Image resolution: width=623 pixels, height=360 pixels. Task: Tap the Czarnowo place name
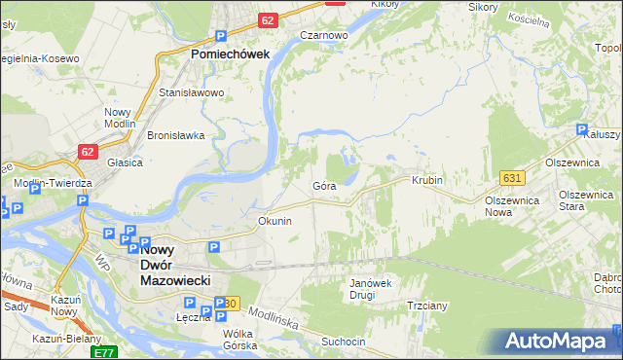(324, 35)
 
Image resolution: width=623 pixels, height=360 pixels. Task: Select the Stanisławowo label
(192, 93)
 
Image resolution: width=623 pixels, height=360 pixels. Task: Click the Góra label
(324, 185)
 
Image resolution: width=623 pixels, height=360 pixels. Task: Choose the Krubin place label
(427, 181)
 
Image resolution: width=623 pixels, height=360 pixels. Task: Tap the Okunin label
(275, 221)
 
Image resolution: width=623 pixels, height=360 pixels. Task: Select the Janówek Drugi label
(369, 289)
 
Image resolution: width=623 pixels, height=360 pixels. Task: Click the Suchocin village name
(344, 342)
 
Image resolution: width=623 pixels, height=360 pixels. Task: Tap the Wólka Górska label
(238, 340)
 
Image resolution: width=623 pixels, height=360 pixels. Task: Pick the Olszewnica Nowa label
(512, 205)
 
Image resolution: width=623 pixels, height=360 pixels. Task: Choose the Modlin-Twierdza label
(53, 183)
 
